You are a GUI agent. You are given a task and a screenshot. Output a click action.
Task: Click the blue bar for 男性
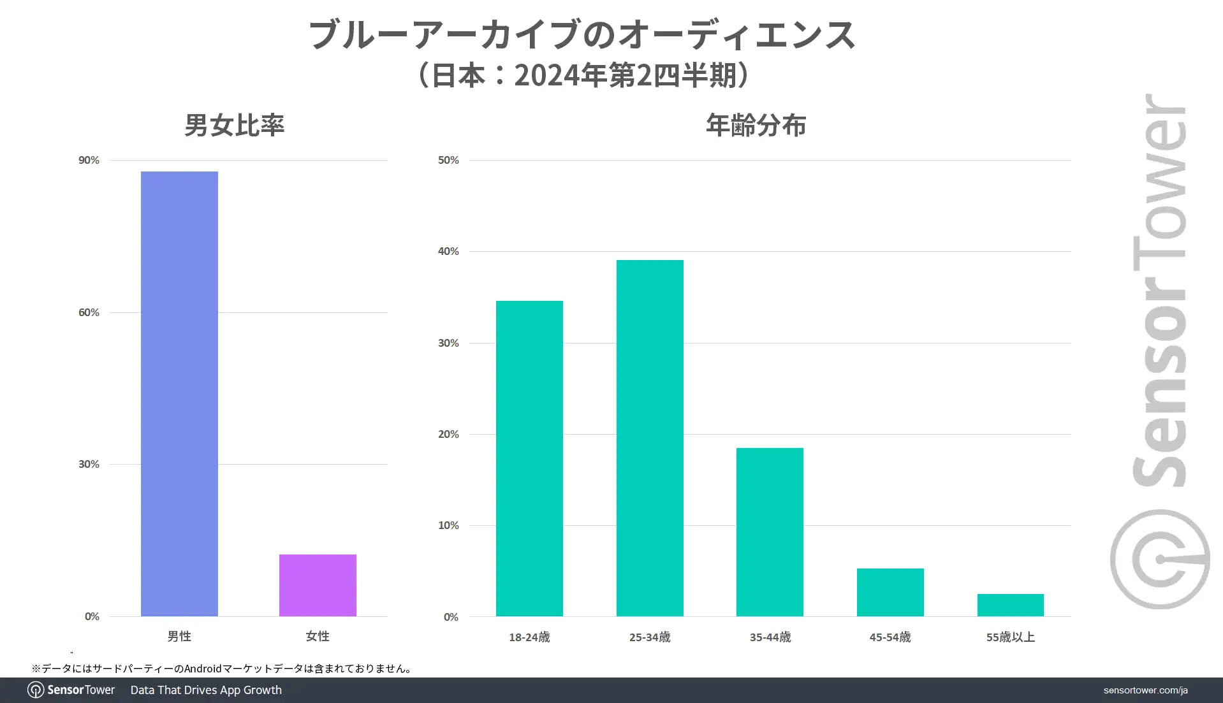tap(179, 393)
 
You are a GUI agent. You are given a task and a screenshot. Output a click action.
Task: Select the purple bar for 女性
tap(318, 585)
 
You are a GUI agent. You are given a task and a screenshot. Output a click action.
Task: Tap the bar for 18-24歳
tap(529, 458)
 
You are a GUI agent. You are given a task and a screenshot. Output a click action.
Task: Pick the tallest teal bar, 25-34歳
tap(650, 438)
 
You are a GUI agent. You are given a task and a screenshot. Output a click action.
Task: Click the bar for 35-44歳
tap(770, 532)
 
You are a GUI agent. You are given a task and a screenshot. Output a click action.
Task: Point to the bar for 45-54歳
tap(890, 592)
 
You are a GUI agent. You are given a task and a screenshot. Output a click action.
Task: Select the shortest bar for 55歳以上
tap(1010, 605)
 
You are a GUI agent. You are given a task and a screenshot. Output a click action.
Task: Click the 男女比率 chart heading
tap(234, 125)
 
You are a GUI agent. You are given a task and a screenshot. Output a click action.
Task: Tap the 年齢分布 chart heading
tap(756, 125)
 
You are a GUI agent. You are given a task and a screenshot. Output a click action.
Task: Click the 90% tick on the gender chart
tap(89, 160)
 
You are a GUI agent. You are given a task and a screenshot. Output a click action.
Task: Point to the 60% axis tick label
tap(89, 312)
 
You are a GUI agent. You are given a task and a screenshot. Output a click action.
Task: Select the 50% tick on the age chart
tap(448, 160)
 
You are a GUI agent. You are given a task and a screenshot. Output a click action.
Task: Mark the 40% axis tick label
tap(448, 251)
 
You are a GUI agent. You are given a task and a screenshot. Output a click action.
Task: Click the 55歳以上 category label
tap(1010, 637)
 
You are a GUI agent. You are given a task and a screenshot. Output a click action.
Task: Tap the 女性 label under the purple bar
tap(318, 636)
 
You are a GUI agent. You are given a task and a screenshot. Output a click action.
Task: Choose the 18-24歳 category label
tap(529, 637)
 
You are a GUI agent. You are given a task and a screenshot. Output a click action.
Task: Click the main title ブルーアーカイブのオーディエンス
tap(582, 34)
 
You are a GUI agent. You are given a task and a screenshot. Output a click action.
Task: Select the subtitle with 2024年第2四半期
tap(582, 75)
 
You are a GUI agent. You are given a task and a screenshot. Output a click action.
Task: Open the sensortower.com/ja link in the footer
tap(1145, 690)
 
